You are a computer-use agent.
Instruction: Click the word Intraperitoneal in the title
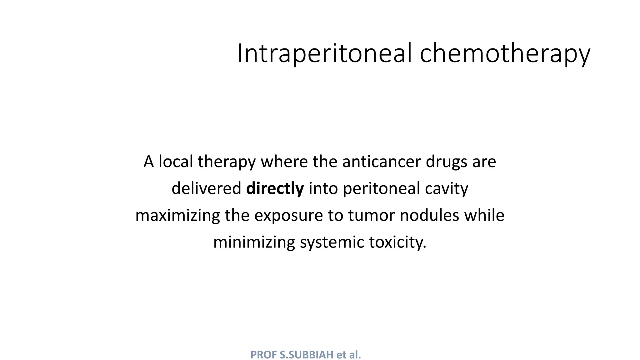click(x=325, y=54)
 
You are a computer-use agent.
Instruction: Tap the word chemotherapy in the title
click(x=505, y=54)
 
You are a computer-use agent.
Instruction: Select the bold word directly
click(x=275, y=189)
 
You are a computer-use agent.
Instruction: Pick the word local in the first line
click(x=176, y=162)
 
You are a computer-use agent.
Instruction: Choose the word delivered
click(x=206, y=188)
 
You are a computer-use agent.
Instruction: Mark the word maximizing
click(x=177, y=216)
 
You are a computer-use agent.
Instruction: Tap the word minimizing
click(x=254, y=242)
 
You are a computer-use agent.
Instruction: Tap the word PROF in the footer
click(x=264, y=355)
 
